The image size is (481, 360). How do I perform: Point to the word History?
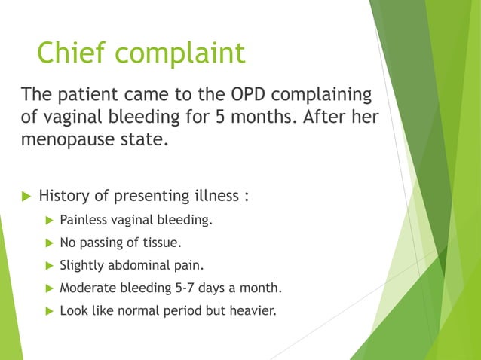(x=63, y=197)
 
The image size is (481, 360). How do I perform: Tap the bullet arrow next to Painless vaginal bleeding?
(x=50, y=221)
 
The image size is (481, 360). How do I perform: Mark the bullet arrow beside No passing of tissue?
(x=50, y=243)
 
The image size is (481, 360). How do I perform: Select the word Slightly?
(x=82, y=265)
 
